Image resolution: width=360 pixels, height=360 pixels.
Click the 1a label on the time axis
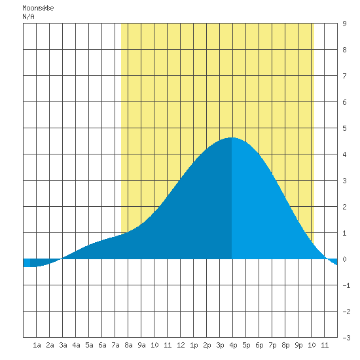pos(37,345)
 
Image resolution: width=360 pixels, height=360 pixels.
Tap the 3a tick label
pos(63,345)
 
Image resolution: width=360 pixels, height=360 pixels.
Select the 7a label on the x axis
pos(115,345)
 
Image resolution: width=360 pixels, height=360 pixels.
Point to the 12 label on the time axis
pos(181,345)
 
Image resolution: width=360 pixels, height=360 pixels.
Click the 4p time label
pos(233,345)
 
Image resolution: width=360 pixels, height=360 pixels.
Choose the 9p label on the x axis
pos(298,345)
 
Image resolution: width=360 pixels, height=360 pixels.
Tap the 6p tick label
pos(259,345)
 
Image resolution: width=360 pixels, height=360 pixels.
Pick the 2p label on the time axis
pos(207,345)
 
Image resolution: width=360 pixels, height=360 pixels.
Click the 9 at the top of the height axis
pos(344,24)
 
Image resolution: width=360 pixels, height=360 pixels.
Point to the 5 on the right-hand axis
pos(344,128)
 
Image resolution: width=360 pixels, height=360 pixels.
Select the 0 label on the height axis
pos(344,259)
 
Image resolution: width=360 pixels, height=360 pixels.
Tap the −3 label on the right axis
pos(346,338)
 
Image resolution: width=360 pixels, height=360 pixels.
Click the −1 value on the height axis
pos(346,285)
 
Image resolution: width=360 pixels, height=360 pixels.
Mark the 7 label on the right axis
pos(344,76)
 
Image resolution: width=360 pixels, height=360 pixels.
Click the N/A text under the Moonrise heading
pos(28,16)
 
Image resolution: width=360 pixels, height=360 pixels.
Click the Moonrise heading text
pos(38,8)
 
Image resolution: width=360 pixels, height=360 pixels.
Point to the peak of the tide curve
pos(232,137)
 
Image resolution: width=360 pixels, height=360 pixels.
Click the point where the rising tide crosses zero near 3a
pos(62,259)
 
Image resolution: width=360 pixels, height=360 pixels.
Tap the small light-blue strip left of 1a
pos(27,263)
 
